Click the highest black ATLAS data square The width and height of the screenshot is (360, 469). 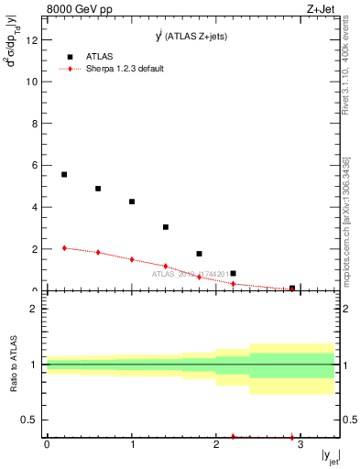point(64,174)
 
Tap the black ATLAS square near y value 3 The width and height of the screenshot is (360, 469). point(166,227)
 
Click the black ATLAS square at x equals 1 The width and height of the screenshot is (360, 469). point(132,202)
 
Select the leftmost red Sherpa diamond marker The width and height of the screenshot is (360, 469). point(64,247)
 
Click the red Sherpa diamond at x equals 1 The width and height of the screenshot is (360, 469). point(132,259)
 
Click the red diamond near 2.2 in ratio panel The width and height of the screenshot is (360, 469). point(234,437)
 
